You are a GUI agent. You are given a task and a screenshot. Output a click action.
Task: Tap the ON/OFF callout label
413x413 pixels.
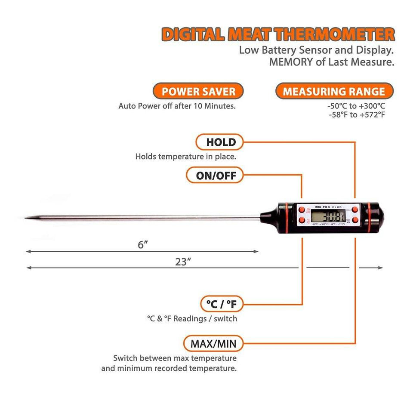tap(214, 175)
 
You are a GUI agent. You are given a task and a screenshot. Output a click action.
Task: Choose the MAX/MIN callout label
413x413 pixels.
tap(210, 344)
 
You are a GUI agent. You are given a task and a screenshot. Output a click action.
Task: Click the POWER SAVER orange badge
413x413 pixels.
tap(198, 91)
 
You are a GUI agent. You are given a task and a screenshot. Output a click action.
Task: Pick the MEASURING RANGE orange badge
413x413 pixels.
tap(333, 91)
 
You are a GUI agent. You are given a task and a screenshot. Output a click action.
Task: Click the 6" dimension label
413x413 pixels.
tap(142, 244)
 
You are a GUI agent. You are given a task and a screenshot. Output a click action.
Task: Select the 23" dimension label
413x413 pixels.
tap(183, 262)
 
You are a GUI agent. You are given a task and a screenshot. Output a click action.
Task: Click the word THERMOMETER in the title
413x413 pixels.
tap(334, 34)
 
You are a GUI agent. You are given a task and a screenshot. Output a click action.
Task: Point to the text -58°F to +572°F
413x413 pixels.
tap(356, 114)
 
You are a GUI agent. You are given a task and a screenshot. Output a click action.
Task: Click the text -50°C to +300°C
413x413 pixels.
tap(356, 105)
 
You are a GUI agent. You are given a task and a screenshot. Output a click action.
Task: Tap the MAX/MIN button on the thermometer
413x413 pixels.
tap(355, 220)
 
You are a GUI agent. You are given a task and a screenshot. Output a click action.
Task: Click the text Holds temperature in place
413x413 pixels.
tap(186, 157)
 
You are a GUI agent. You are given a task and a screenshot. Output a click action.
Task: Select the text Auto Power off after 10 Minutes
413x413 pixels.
tap(177, 106)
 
